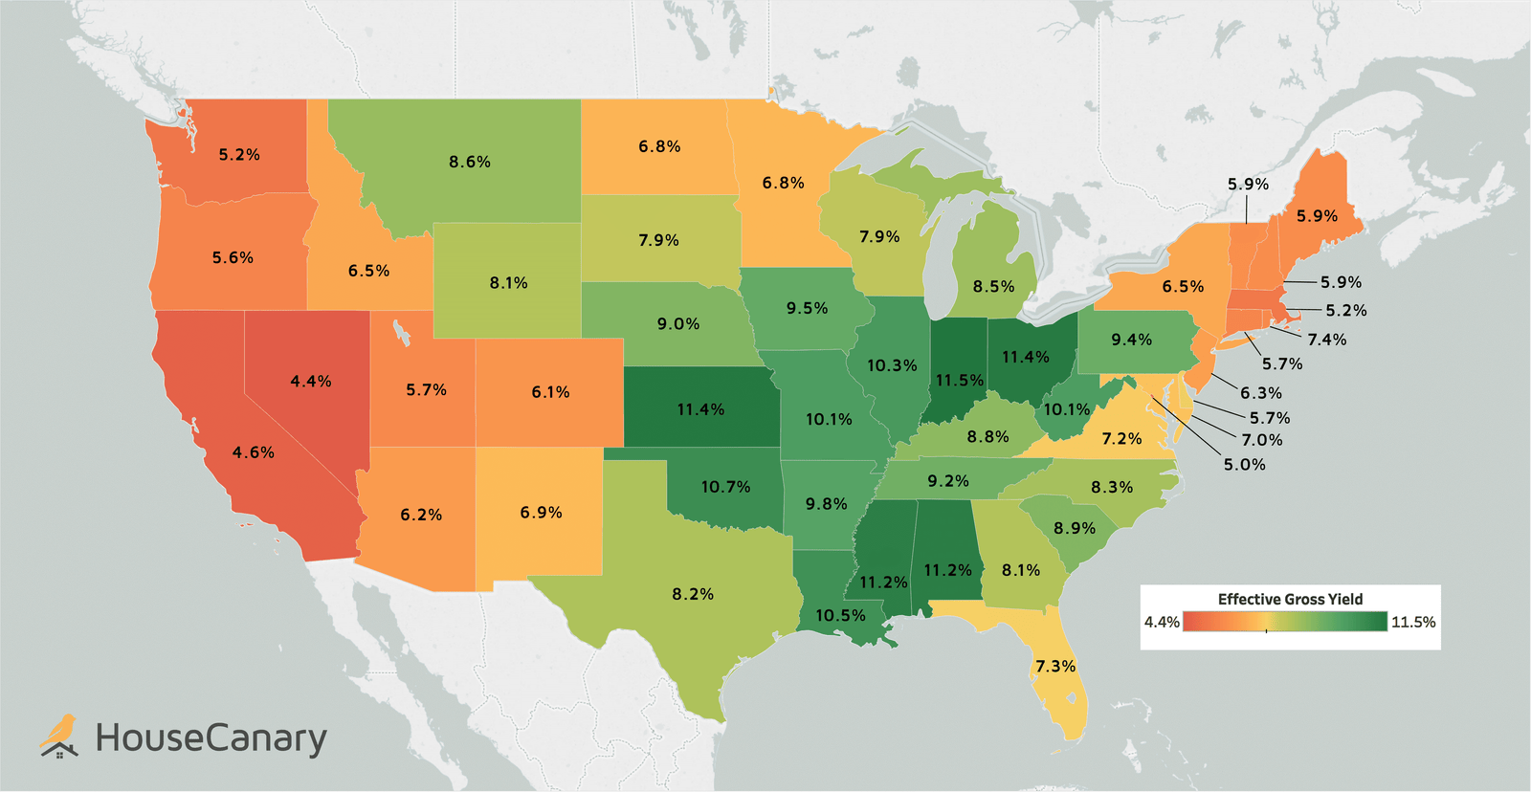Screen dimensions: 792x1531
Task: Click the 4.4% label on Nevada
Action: [x=311, y=382]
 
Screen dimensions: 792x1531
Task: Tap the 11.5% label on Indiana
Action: [x=959, y=381]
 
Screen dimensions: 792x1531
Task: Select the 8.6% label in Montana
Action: [x=470, y=163]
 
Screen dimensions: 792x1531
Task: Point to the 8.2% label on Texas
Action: [x=693, y=594]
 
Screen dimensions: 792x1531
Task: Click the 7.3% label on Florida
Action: [x=1055, y=666]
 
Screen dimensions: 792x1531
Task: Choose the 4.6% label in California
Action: [x=254, y=452]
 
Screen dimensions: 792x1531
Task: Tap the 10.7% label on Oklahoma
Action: [x=725, y=487]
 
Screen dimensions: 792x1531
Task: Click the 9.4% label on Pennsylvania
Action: [x=1131, y=340]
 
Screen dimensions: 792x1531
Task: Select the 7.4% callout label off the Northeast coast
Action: [x=1326, y=340]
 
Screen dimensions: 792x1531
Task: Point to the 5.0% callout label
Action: [x=1244, y=465]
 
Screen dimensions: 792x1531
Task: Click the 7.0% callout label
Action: [x=1261, y=440]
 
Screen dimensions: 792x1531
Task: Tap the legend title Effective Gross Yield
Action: [x=1290, y=599]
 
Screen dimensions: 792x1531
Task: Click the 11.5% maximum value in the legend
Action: [x=1412, y=622]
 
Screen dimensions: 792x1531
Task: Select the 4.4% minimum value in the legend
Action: [x=1162, y=622]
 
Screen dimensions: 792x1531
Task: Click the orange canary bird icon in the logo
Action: [x=59, y=735]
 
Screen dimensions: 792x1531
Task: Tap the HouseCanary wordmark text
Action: [x=211, y=738]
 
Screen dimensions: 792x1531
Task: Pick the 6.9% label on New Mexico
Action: [x=541, y=513]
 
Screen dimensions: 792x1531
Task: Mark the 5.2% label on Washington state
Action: [x=239, y=155]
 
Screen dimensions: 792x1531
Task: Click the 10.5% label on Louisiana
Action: [x=840, y=616]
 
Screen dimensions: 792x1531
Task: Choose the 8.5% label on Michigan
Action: [x=993, y=287]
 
